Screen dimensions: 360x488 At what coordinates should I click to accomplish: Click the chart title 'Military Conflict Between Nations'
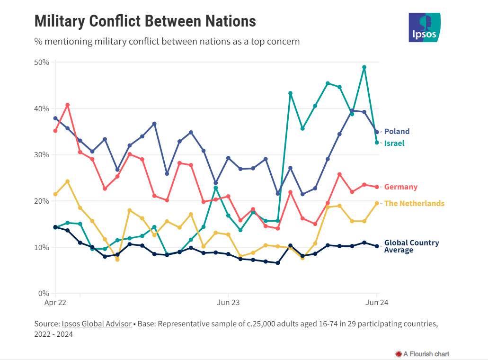pos(145,21)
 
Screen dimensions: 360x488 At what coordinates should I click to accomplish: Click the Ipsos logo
pos(424,27)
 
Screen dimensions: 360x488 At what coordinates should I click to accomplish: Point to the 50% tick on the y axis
pos(43,63)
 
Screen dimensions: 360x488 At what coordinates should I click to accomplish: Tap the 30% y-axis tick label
pos(43,155)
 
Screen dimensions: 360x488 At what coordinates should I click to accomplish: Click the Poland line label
pos(397,132)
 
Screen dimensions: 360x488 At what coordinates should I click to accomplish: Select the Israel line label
pos(394,143)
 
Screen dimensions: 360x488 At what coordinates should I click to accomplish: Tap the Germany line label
pos(400,187)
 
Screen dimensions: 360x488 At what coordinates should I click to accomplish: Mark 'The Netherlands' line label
pos(414,204)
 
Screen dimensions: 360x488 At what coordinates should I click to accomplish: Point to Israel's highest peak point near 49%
pos(364,67)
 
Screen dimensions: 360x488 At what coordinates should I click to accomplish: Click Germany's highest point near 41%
pos(68,105)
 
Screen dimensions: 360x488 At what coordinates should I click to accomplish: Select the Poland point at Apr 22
pos(55,118)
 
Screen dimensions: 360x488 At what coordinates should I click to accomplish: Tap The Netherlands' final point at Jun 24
pos(377,203)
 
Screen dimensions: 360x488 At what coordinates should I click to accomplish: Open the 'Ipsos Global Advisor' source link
pos(97,324)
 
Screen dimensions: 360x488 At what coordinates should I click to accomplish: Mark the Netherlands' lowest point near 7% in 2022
pos(117,259)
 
